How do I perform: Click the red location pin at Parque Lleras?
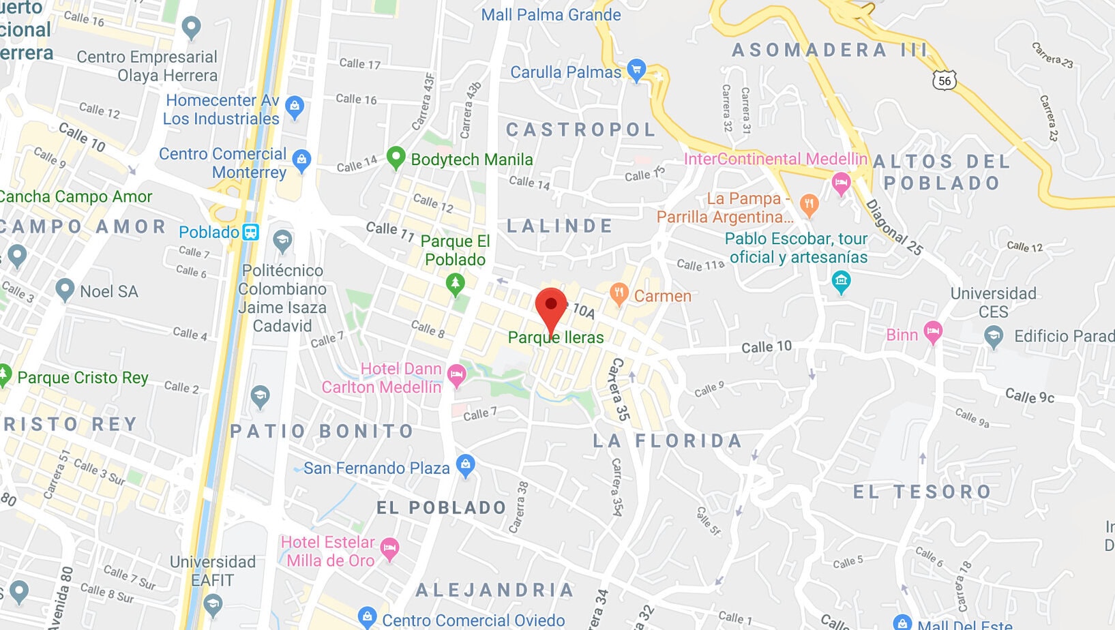[551, 306]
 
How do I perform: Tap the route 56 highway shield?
[945, 80]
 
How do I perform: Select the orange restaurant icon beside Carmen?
[619, 293]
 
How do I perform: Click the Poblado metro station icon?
[251, 232]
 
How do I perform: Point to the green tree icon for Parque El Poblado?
[455, 282]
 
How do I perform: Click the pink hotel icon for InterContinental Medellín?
[841, 183]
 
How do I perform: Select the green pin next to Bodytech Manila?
[396, 157]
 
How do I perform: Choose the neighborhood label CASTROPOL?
[581, 130]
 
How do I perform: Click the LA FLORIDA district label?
[667, 441]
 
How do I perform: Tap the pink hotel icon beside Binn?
[933, 332]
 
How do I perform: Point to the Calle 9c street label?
[1030, 395]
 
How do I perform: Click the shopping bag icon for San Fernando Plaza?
[465, 466]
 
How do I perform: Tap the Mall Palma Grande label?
[551, 15]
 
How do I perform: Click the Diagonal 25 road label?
[894, 227]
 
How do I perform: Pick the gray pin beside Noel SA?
[65, 289]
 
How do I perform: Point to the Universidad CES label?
[993, 303]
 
